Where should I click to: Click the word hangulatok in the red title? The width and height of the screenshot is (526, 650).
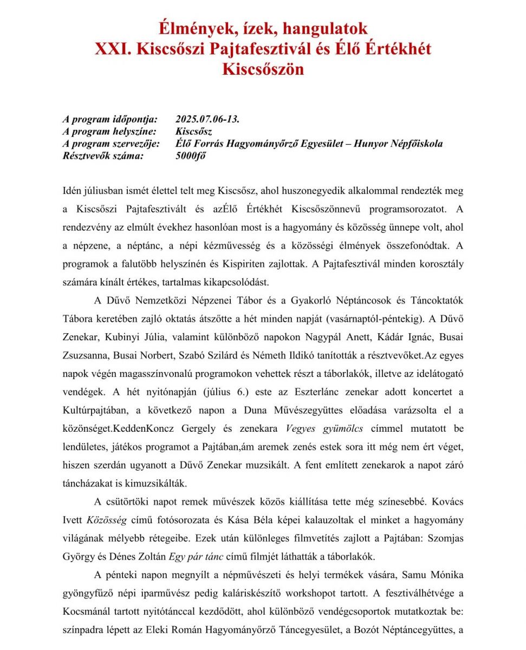[x=322, y=28]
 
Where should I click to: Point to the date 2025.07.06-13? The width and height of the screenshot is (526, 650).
[x=207, y=119]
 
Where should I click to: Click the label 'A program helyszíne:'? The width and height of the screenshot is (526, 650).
[x=110, y=132]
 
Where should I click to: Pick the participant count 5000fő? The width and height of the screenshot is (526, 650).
[x=191, y=156]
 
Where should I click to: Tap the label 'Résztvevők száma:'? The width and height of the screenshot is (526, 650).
[x=103, y=156]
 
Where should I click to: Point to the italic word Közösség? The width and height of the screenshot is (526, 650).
[x=107, y=520]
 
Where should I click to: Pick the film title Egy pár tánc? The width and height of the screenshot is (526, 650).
[x=193, y=556]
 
